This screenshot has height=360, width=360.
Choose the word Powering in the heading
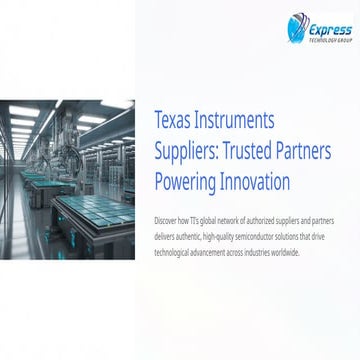pos(191,182)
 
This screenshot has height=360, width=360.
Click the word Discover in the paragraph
pos(167,217)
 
